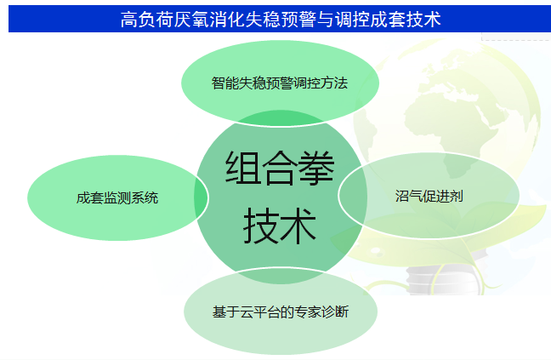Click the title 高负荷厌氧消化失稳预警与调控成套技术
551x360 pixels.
point(281,19)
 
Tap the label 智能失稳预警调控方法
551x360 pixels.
point(280,83)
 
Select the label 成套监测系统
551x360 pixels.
point(117,198)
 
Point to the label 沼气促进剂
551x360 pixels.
point(429,196)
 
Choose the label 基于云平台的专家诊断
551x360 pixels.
point(281,311)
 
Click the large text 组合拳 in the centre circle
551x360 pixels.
point(280,168)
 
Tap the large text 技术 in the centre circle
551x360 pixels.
point(280,226)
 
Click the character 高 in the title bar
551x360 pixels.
point(129,19)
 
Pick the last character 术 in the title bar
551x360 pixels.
point(432,19)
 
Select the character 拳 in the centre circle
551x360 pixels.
point(316,168)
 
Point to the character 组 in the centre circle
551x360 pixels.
point(243,168)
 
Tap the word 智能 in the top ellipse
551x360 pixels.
point(225,83)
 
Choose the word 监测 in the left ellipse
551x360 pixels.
point(117,198)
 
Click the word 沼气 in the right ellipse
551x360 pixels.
point(409,196)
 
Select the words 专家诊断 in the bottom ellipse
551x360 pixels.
point(322,311)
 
